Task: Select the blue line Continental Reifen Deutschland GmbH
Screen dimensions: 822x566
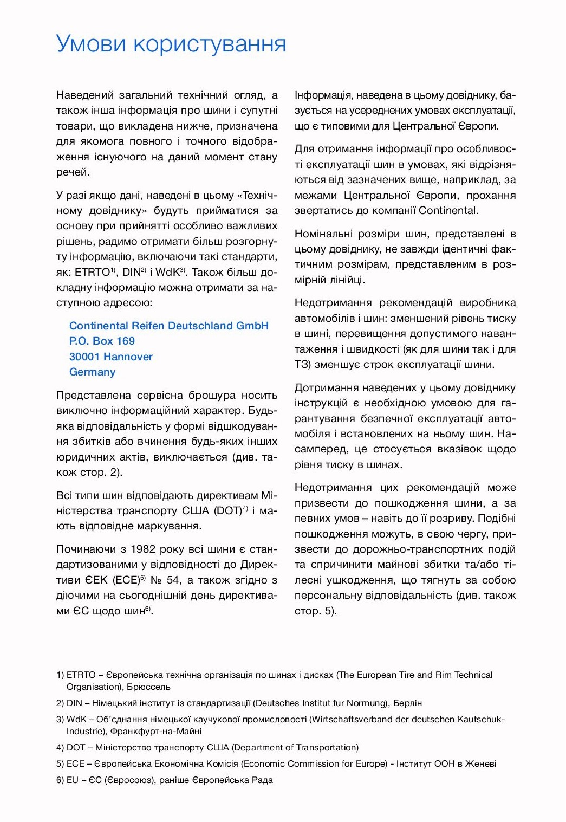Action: [169, 326]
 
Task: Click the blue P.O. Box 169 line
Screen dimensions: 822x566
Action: [102, 341]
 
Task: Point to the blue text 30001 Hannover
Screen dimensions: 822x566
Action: [111, 357]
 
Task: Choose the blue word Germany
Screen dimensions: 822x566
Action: [92, 372]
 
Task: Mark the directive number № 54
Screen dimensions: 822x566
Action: [165, 580]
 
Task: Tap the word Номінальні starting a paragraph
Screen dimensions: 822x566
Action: [322, 234]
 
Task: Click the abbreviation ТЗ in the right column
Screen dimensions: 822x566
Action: [302, 364]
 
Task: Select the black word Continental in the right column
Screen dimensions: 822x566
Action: [448, 210]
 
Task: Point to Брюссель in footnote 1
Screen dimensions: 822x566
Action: [148, 687]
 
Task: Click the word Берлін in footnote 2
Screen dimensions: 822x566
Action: [407, 703]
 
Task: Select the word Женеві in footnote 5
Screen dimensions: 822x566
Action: [479, 763]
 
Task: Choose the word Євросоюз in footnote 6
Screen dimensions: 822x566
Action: [129, 780]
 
